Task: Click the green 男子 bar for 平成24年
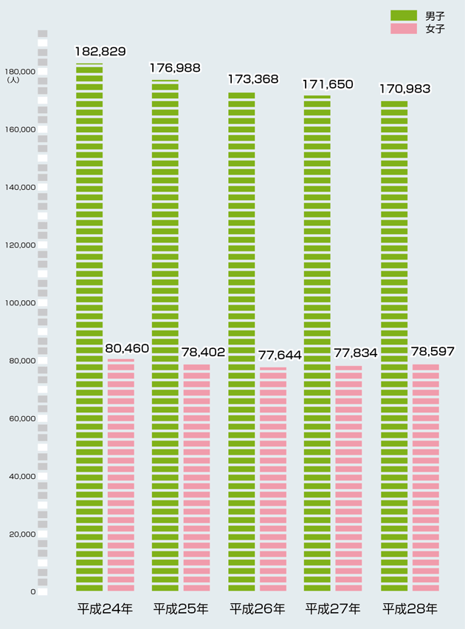tap(89, 327)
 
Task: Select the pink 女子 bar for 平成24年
tap(121, 475)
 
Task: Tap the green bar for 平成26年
tap(241, 341)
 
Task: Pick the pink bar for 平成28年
tap(426, 477)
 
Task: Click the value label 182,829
tap(100, 52)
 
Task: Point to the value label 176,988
tap(175, 68)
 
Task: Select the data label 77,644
tap(280, 356)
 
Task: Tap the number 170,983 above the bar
tap(404, 89)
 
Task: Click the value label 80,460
tap(127, 348)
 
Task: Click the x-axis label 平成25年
tap(181, 609)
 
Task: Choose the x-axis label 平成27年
tap(333, 609)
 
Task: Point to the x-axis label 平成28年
tap(410, 609)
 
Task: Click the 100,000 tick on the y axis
tap(20, 303)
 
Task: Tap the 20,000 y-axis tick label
tap(22, 534)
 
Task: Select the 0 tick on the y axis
tap(33, 592)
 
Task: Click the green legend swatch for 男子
tap(404, 16)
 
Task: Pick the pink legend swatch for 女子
tap(404, 29)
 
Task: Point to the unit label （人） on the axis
tap(13, 79)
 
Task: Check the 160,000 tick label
tap(20, 129)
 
